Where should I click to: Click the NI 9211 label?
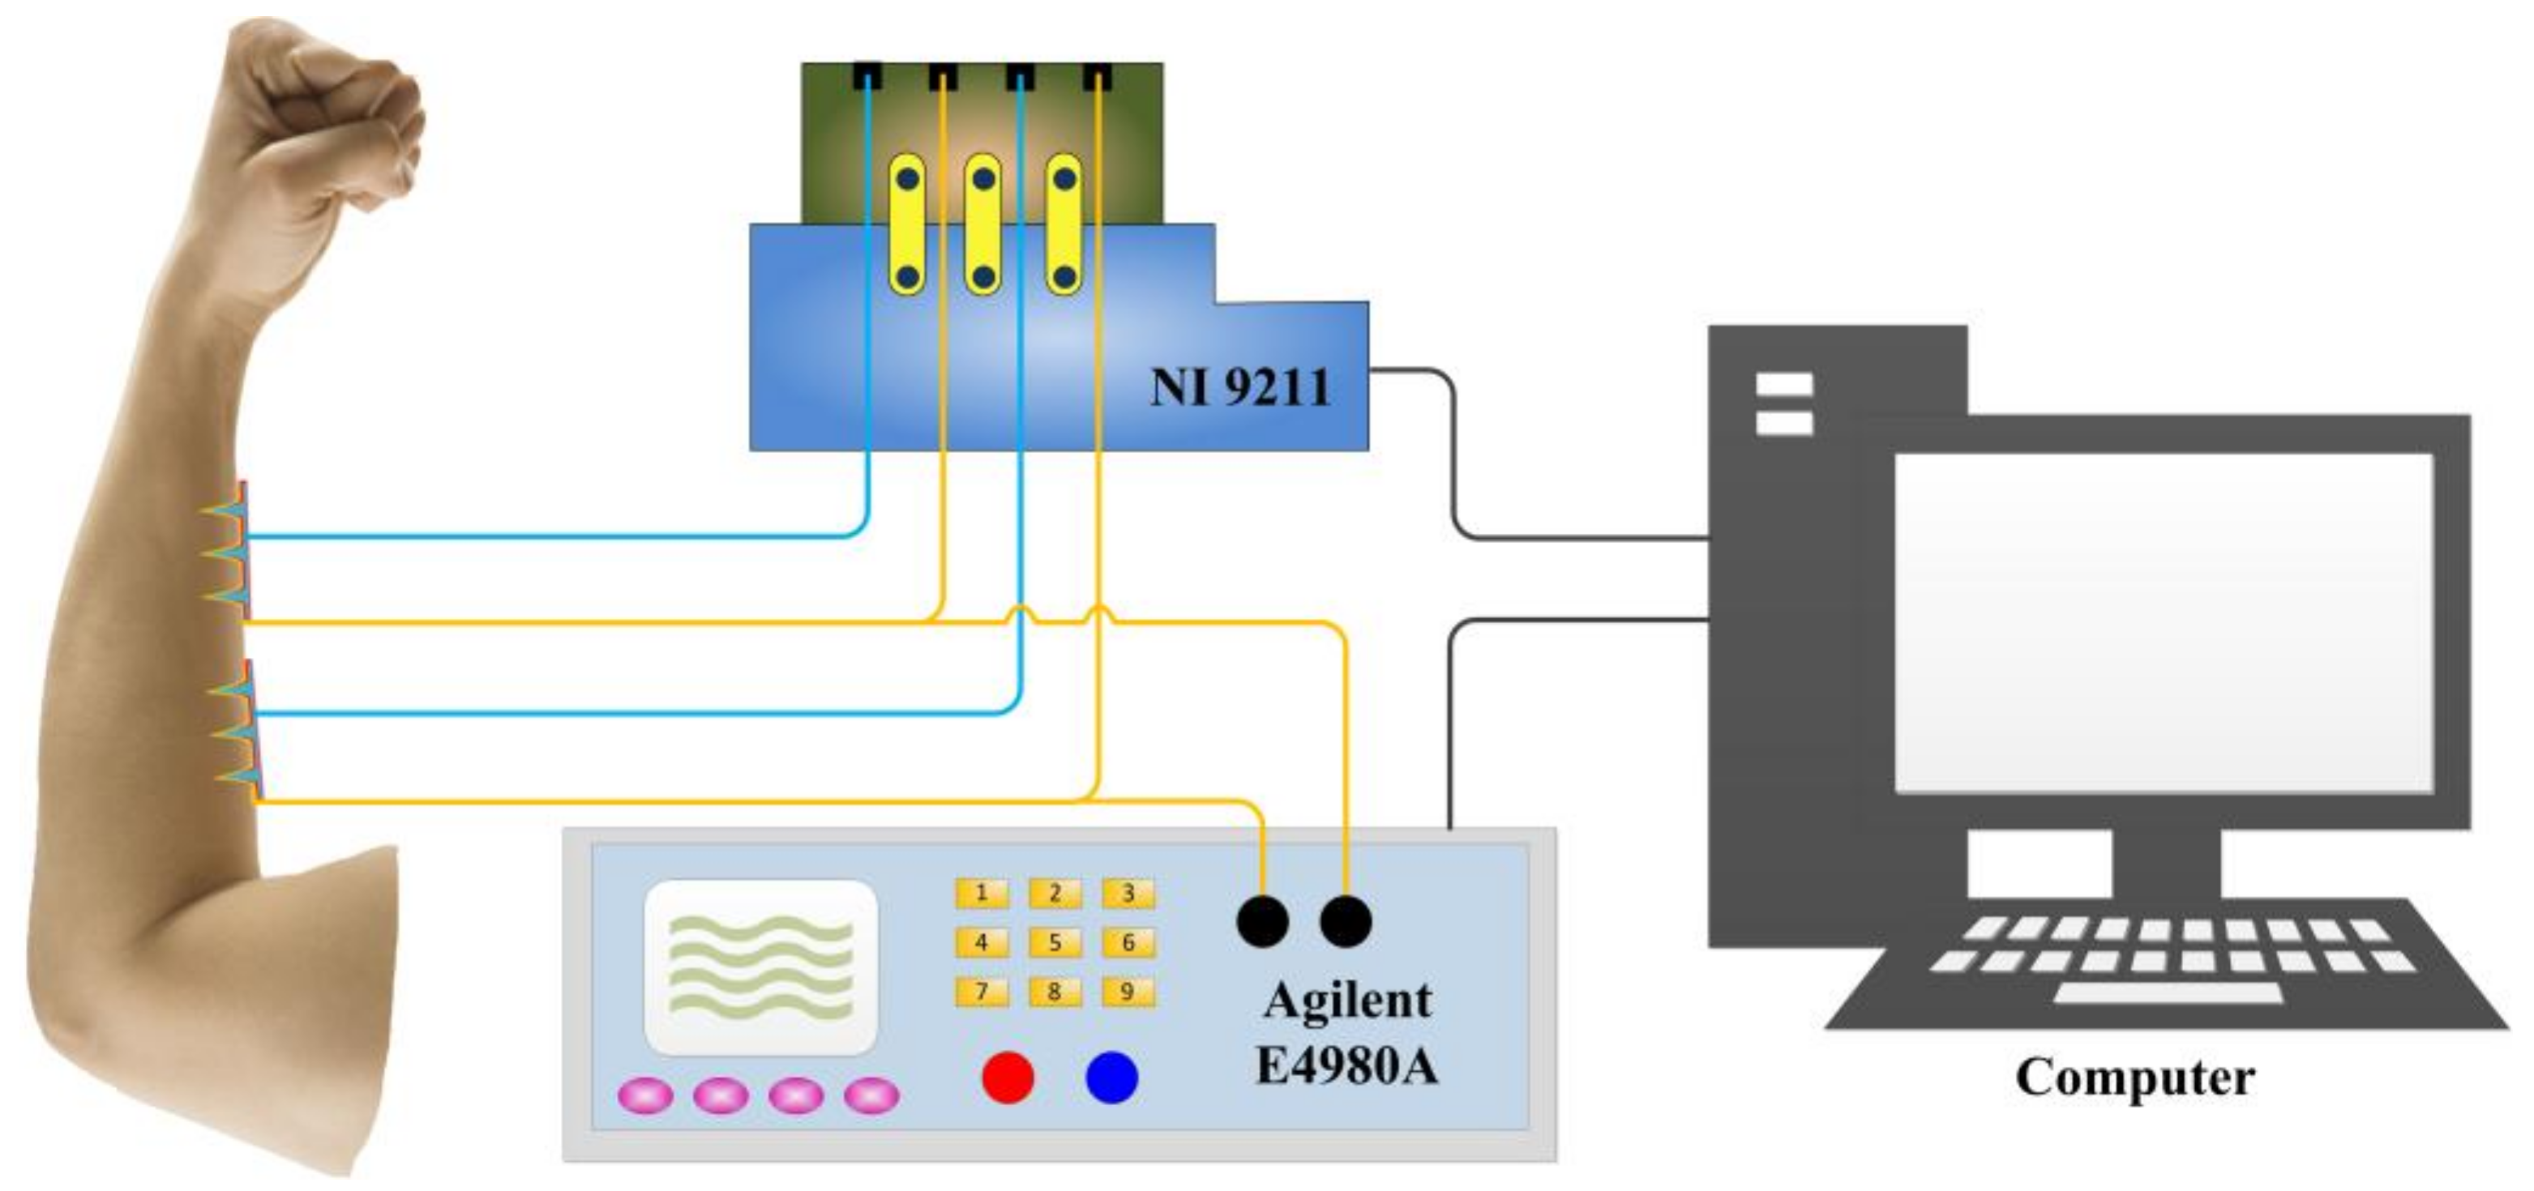(1239, 386)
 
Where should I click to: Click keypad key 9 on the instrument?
(1128, 992)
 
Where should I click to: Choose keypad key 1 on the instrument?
(981, 893)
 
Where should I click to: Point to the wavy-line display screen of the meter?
(760, 966)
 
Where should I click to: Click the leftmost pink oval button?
(645, 1095)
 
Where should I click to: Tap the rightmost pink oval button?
(871, 1095)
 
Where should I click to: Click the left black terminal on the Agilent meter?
(1262, 921)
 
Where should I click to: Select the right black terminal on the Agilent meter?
(1346, 921)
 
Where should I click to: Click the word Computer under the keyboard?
(2134, 1077)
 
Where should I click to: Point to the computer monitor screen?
(2164, 621)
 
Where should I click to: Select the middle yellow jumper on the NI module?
(982, 224)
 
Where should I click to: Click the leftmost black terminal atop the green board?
(867, 75)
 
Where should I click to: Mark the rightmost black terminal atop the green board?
(1098, 75)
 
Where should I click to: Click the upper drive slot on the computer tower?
(1784, 383)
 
